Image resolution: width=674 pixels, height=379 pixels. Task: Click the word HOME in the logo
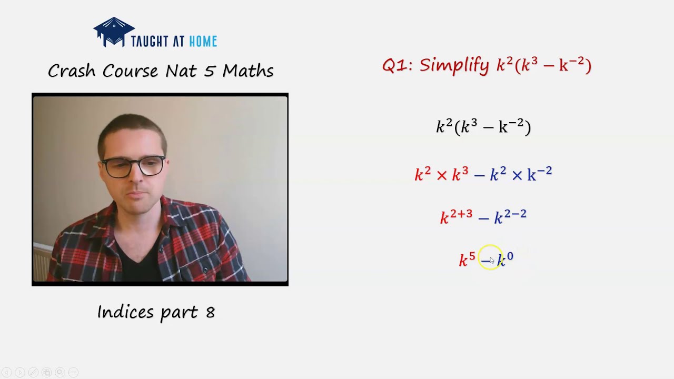coord(203,42)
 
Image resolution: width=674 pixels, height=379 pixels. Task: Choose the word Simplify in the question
coord(454,65)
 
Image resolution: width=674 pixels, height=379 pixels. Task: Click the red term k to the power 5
coord(467,259)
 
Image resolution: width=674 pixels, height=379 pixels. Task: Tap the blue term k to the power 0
coord(505,259)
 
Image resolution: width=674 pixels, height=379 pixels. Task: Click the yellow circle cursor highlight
coord(490,258)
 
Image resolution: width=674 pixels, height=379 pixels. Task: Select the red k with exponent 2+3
coord(456,216)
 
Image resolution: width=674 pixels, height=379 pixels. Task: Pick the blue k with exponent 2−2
coord(510,216)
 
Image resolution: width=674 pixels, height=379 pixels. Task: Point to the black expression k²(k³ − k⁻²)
coord(483,127)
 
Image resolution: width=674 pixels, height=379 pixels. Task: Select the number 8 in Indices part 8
coord(210,312)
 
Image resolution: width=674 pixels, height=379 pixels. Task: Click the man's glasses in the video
coord(133,167)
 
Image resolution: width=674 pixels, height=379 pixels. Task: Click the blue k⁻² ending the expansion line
coord(539,174)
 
